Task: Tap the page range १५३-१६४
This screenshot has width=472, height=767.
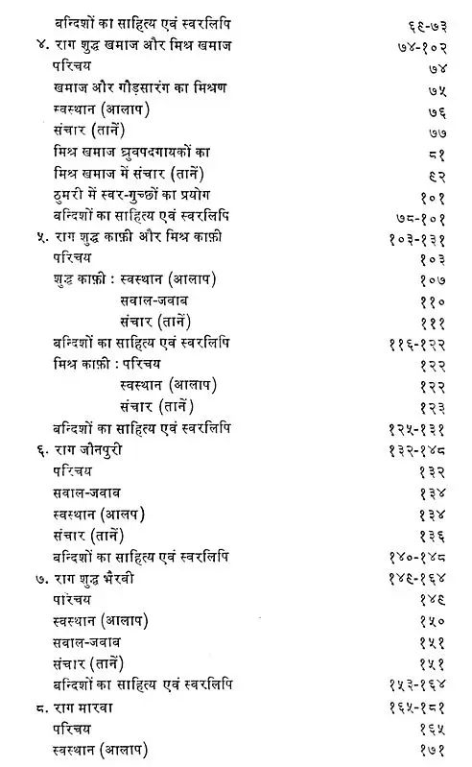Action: [x=420, y=687]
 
